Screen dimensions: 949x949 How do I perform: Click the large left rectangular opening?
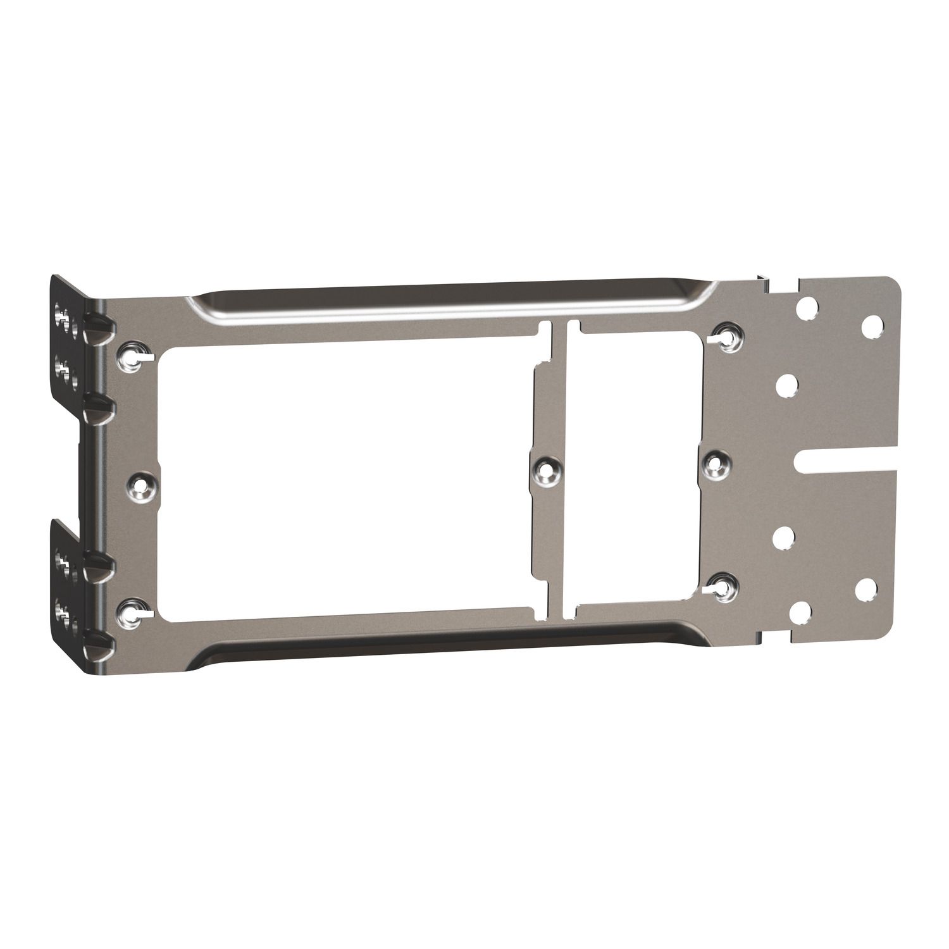click(342, 481)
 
